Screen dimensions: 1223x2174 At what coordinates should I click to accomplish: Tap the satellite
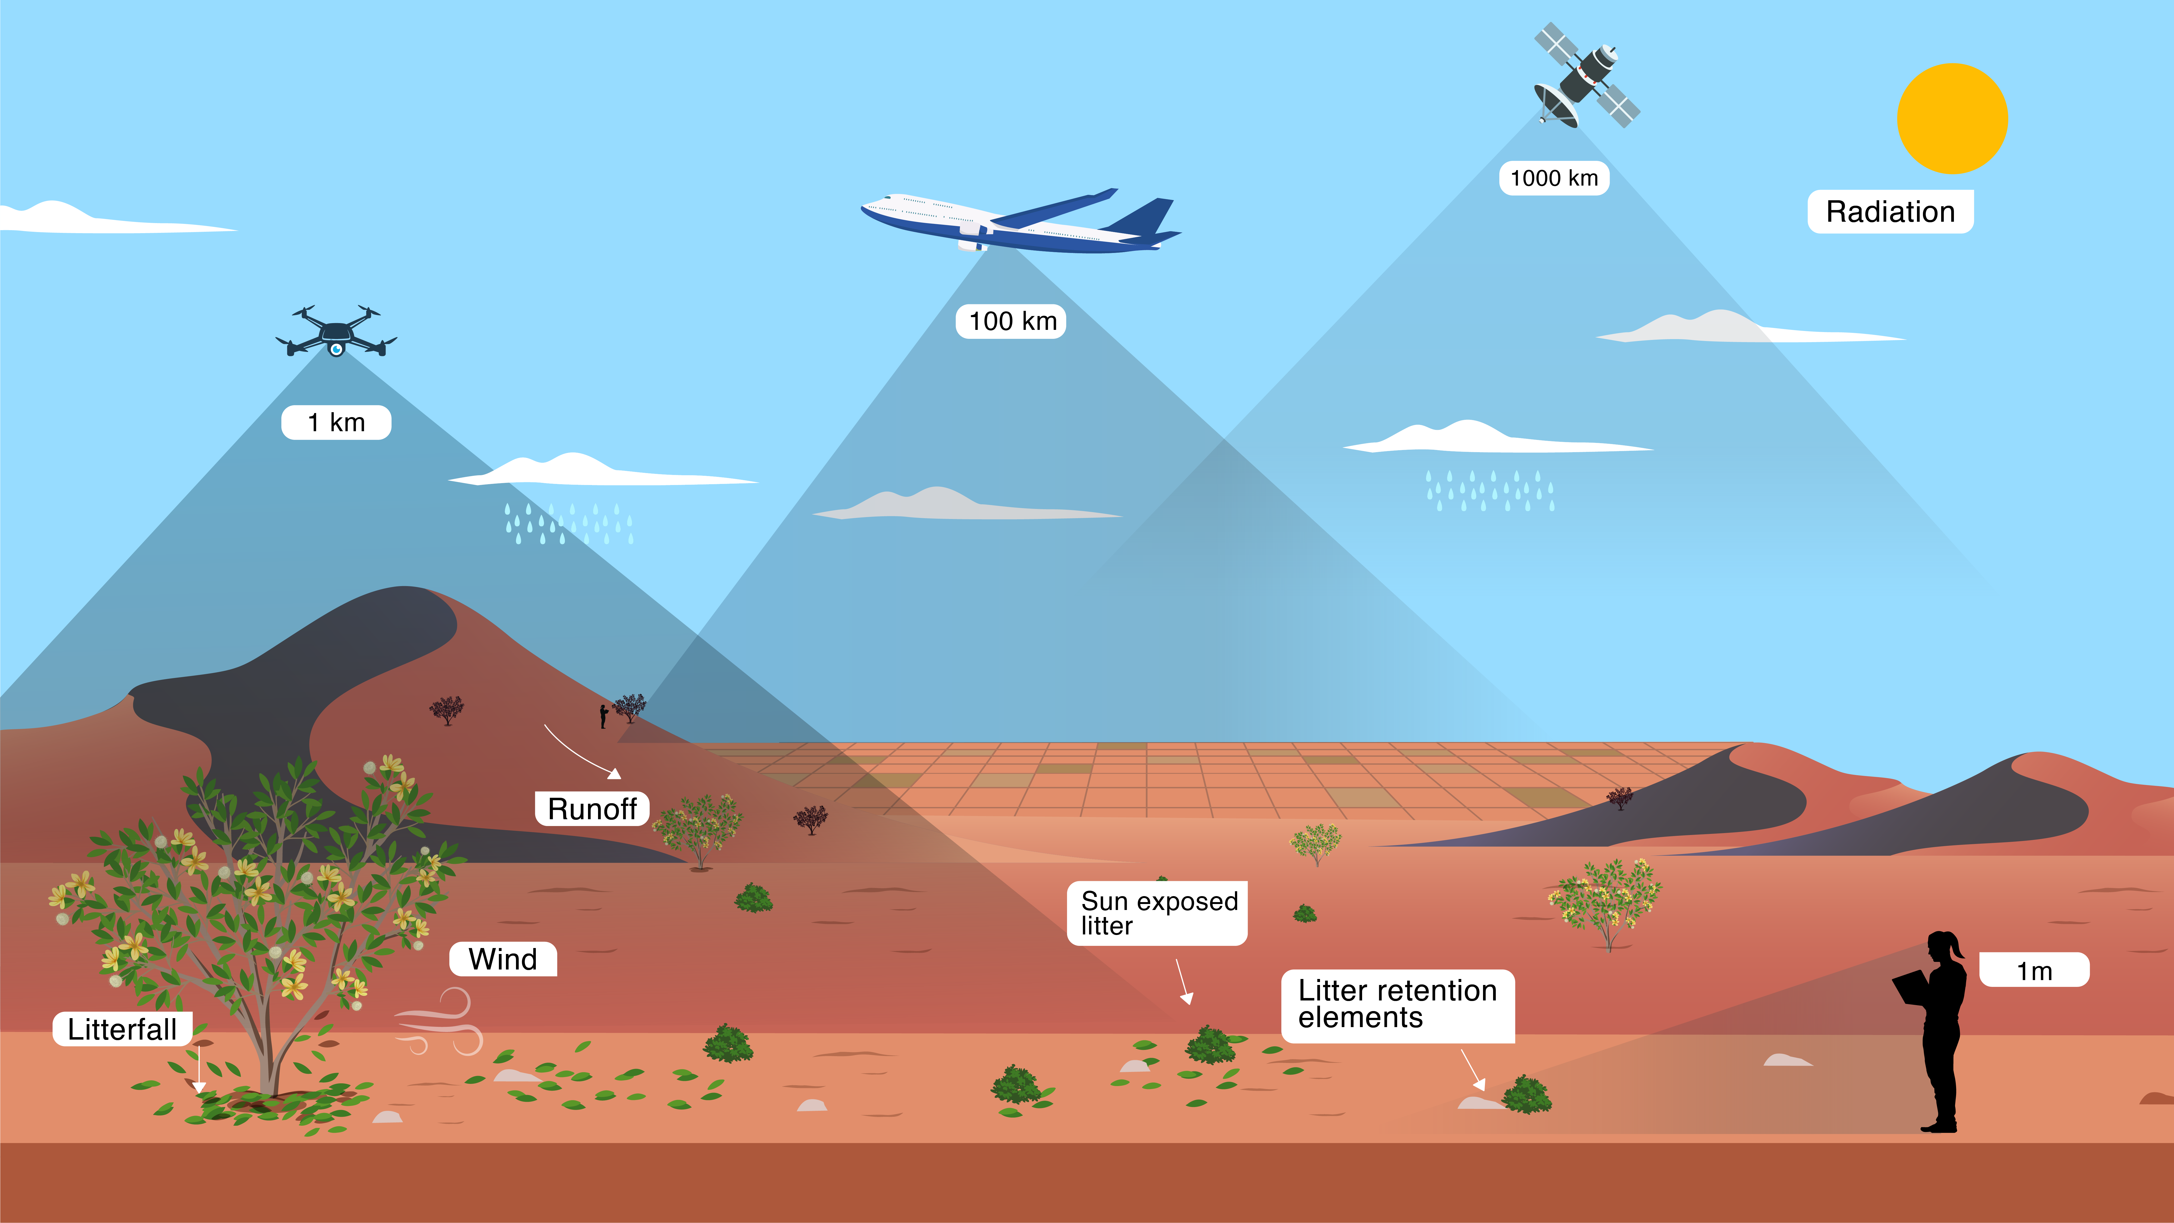[1585, 76]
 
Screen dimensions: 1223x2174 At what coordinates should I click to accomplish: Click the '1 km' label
[336, 422]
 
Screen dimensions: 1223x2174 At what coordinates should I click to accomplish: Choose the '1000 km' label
[1554, 178]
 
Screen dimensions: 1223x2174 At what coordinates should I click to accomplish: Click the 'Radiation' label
[1890, 212]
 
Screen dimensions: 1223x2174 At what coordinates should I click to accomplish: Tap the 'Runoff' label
[592, 809]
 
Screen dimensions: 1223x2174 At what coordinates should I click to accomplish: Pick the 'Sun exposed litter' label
[1157, 913]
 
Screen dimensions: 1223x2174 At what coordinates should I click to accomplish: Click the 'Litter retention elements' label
[1397, 1004]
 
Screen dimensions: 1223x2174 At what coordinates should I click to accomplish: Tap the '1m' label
[2033, 971]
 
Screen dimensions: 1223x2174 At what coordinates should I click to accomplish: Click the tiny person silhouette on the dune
[603, 716]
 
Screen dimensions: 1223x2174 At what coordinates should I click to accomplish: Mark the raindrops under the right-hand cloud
[1490, 491]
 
